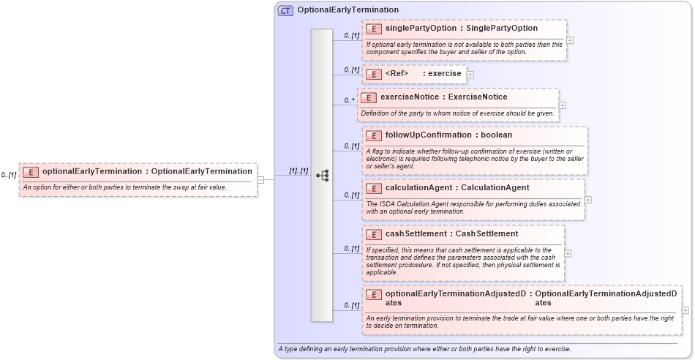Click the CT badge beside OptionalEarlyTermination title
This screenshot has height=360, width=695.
[x=285, y=10]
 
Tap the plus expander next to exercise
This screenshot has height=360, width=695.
[x=470, y=74]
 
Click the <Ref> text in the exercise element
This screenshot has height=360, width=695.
[x=397, y=74]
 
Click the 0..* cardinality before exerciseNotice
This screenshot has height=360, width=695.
[x=349, y=100]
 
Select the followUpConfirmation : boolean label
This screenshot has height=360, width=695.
[x=448, y=135]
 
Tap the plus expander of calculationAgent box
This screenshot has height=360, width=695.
[x=588, y=199]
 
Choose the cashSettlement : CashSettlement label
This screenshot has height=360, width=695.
[x=451, y=234]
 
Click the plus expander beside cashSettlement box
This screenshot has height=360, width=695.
[x=568, y=253]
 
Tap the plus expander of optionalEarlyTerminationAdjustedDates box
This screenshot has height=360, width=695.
[x=685, y=310]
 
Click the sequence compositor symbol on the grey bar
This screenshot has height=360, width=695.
[x=322, y=176]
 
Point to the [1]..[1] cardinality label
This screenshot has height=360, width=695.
[x=298, y=170]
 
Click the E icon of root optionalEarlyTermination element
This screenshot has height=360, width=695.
[x=31, y=172]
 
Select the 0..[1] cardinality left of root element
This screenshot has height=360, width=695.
[x=9, y=175]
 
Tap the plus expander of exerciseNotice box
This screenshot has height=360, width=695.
[x=563, y=105]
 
